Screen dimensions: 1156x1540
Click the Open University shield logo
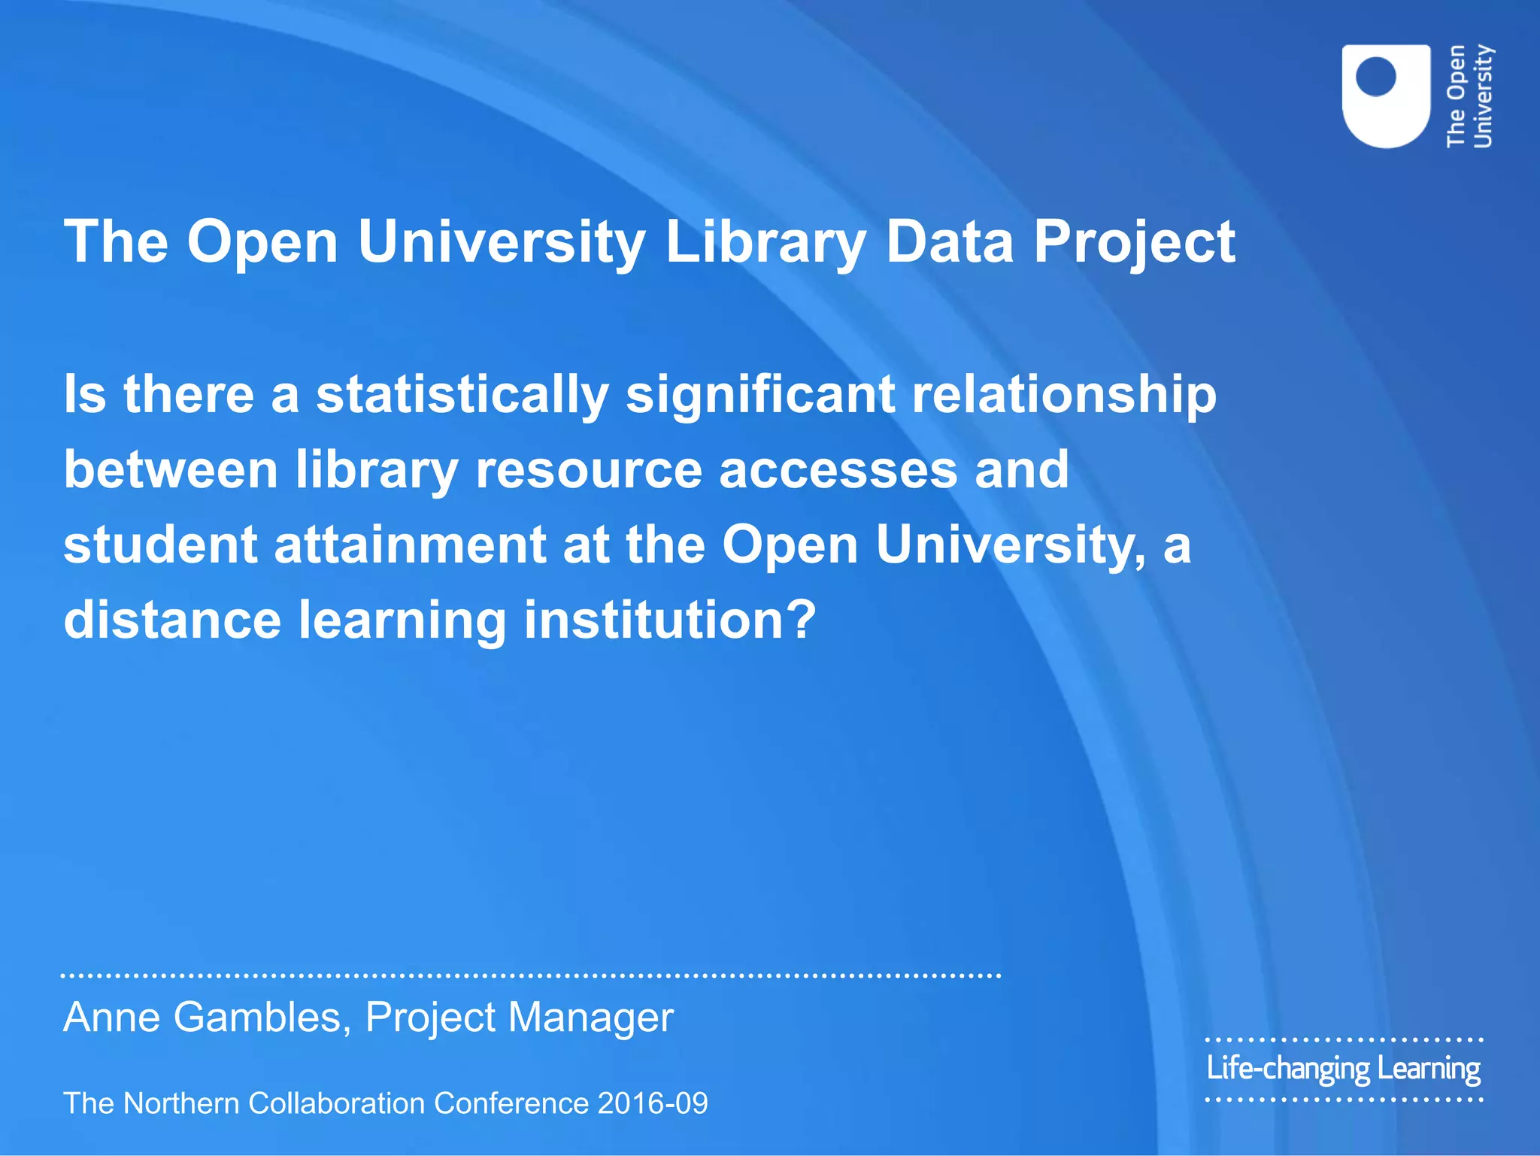pos(1386,96)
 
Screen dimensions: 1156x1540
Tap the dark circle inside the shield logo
pos(1375,77)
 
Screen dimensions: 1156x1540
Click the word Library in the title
pos(765,242)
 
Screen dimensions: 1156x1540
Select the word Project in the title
pos(1134,242)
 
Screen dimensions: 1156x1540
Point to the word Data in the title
pos(950,242)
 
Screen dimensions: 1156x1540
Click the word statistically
pos(462,395)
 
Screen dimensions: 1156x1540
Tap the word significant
pos(760,395)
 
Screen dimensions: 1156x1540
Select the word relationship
pos(1064,395)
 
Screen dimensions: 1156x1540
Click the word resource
pos(589,470)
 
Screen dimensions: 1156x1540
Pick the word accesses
pos(838,470)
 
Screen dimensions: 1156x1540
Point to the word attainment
pos(410,545)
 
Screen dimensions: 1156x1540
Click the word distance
pos(172,620)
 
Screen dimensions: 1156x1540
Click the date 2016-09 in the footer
pos(653,1103)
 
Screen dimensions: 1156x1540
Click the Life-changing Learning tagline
pos(1343,1069)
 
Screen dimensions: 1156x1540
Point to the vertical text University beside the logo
pos(1482,96)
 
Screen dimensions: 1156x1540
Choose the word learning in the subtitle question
pos(402,620)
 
